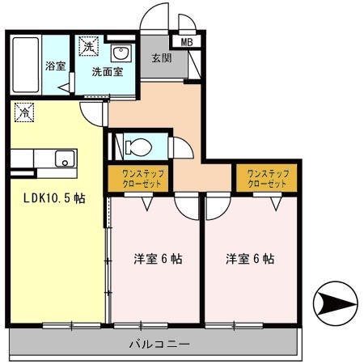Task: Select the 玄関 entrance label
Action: click(x=159, y=58)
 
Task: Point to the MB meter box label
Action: click(x=186, y=42)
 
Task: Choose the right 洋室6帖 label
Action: click(x=250, y=260)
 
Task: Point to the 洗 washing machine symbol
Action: click(x=87, y=46)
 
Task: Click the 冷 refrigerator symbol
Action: click(x=24, y=112)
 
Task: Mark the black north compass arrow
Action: click(x=334, y=305)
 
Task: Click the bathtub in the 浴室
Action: click(x=24, y=65)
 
